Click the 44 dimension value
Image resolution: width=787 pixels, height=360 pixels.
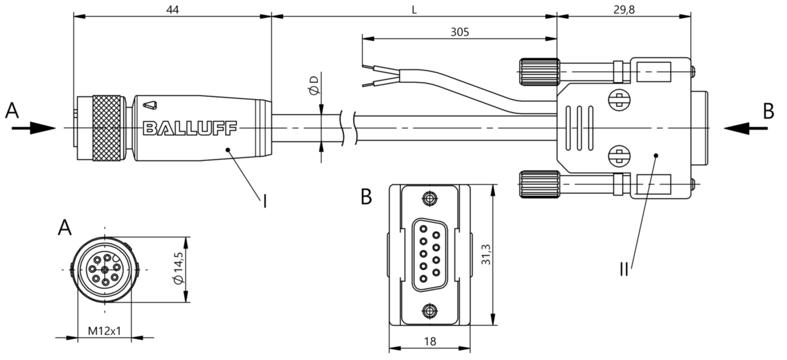[x=172, y=10]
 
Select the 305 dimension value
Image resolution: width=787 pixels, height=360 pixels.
[x=460, y=33]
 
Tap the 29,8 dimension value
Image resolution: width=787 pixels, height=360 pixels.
[x=624, y=10]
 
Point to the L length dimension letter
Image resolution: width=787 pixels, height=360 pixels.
[x=415, y=10]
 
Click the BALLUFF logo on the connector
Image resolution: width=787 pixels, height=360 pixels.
[x=190, y=128]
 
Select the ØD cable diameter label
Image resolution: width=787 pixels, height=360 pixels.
[x=314, y=85]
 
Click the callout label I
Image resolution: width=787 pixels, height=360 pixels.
[x=265, y=202]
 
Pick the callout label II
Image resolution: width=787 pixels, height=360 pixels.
[x=624, y=270]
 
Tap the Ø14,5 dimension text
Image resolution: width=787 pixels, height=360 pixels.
[x=179, y=268]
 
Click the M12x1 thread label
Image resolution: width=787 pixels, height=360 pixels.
[x=104, y=331]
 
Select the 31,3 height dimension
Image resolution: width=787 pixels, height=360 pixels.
[x=486, y=254]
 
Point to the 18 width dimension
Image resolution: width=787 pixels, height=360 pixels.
[x=430, y=341]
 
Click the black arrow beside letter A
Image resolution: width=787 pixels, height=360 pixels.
[x=34, y=128]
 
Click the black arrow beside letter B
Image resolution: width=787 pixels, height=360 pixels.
[x=746, y=128]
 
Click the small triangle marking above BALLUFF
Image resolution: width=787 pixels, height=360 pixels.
[x=150, y=105]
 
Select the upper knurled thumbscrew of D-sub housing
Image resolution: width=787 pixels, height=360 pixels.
[x=540, y=72]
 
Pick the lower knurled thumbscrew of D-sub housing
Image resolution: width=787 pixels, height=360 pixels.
[x=540, y=184]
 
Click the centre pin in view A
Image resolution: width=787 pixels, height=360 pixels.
[x=105, y=270]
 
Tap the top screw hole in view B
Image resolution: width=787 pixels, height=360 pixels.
[x=429, y=199]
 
